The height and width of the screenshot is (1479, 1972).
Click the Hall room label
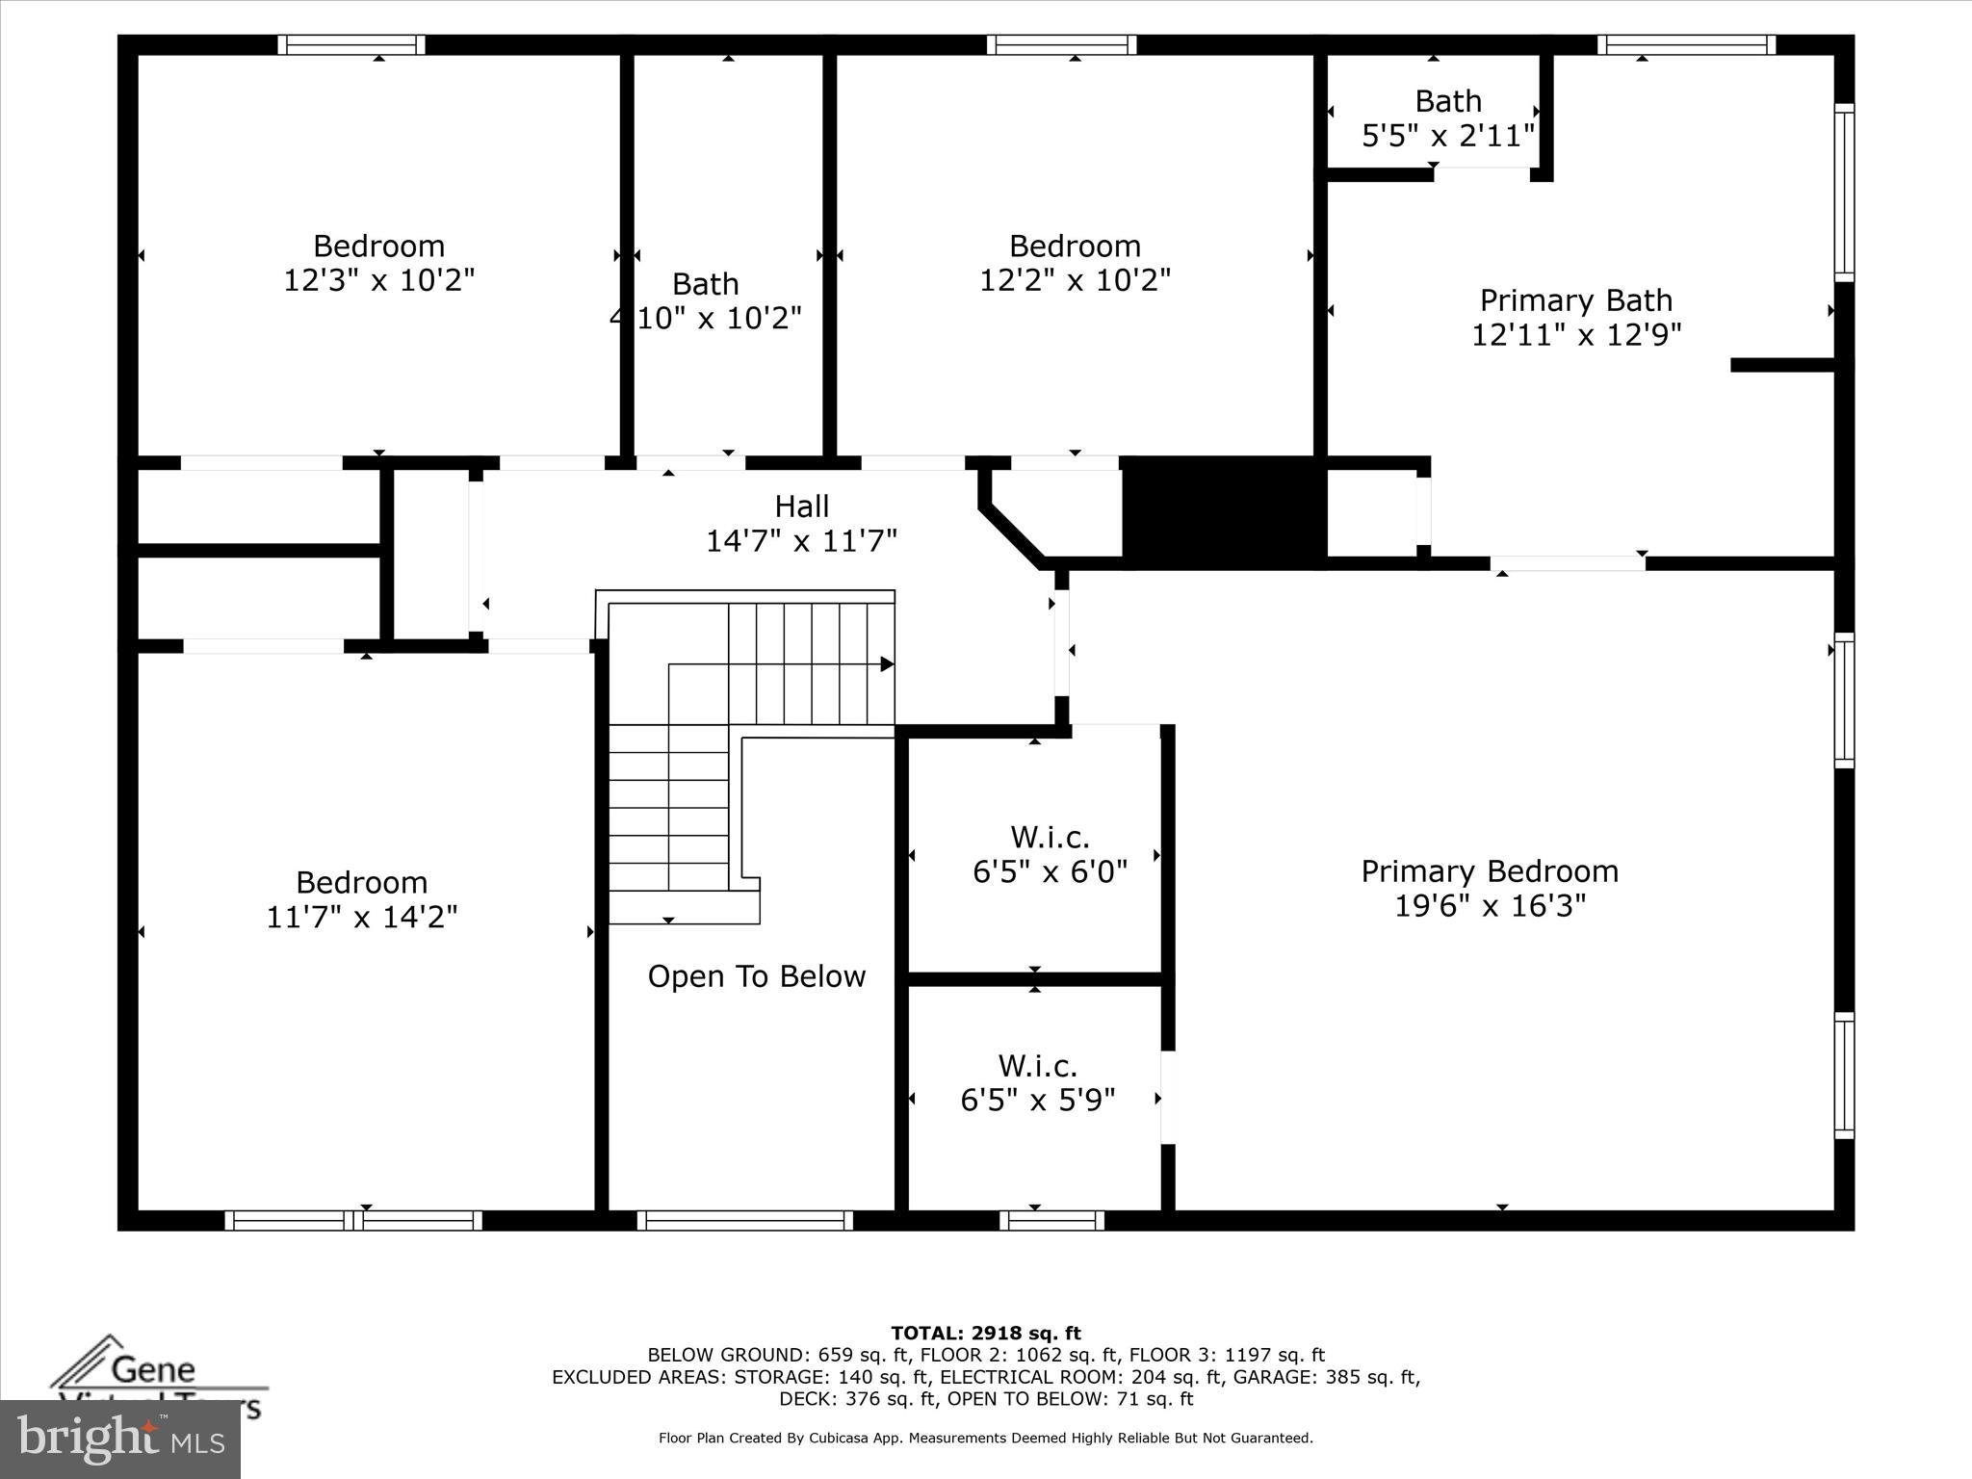(801, 506)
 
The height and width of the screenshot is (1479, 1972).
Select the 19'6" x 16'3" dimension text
(1490, 906)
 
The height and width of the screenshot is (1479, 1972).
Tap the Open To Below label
(756, 976)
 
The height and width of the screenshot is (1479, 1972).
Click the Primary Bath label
(1575, 300)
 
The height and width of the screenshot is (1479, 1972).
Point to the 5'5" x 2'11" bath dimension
(1447, 136)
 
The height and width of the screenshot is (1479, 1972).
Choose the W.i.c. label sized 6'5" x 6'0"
(1050, 837)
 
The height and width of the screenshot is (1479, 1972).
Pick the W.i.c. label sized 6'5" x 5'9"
(1037, 1066)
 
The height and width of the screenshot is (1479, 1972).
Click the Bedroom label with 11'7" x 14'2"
(361, 882)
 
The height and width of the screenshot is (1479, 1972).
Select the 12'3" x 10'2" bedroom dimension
(378, 280)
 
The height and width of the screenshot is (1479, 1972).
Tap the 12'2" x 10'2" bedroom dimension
(1075, 280)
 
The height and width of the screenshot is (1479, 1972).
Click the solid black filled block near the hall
(1223, 511)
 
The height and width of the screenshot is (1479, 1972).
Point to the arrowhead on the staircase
(887, 664)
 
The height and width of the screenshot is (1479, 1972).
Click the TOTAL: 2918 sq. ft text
(985, 1334)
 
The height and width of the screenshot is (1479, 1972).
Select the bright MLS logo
(120, 1439)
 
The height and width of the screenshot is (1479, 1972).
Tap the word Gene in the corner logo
(154, 1368)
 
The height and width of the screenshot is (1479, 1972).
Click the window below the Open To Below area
(744, 1220)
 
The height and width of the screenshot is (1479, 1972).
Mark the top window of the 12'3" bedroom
(351, 44)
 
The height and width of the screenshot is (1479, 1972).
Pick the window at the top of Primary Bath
(1686, 44)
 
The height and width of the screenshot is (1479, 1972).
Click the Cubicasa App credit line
(985, 1438)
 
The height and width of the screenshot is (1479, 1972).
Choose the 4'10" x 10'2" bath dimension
(706, 318)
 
